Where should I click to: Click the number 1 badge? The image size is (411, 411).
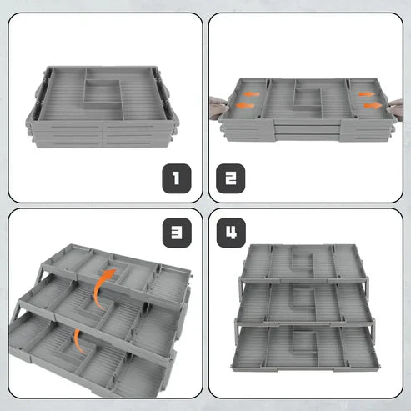[x=177, y=178]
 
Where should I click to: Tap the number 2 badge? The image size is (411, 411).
[x=230, y=178]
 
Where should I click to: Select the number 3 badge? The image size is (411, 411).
[x=177, y=233]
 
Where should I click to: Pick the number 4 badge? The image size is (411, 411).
[x=231, y=233]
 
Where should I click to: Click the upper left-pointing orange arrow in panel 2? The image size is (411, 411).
[x=252, y=94]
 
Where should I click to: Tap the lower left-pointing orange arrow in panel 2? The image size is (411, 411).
[x=245, y=106]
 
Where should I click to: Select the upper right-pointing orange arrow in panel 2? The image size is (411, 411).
[x=367, y=94]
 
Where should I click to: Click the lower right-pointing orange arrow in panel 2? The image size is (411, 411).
[x=373, y=106]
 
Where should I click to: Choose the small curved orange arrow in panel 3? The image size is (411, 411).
[x=78, y=343]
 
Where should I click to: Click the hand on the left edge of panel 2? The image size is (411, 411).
[x=218, y=108]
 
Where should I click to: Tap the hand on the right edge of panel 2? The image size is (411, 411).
[x=396, y=109]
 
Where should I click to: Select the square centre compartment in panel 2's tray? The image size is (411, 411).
[x=308, y=98]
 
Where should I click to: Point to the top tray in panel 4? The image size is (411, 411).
[x=303, y=263]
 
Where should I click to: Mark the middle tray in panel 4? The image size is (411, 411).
[x=304, y=304]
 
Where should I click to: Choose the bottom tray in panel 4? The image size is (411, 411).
[x=306, y=349]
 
